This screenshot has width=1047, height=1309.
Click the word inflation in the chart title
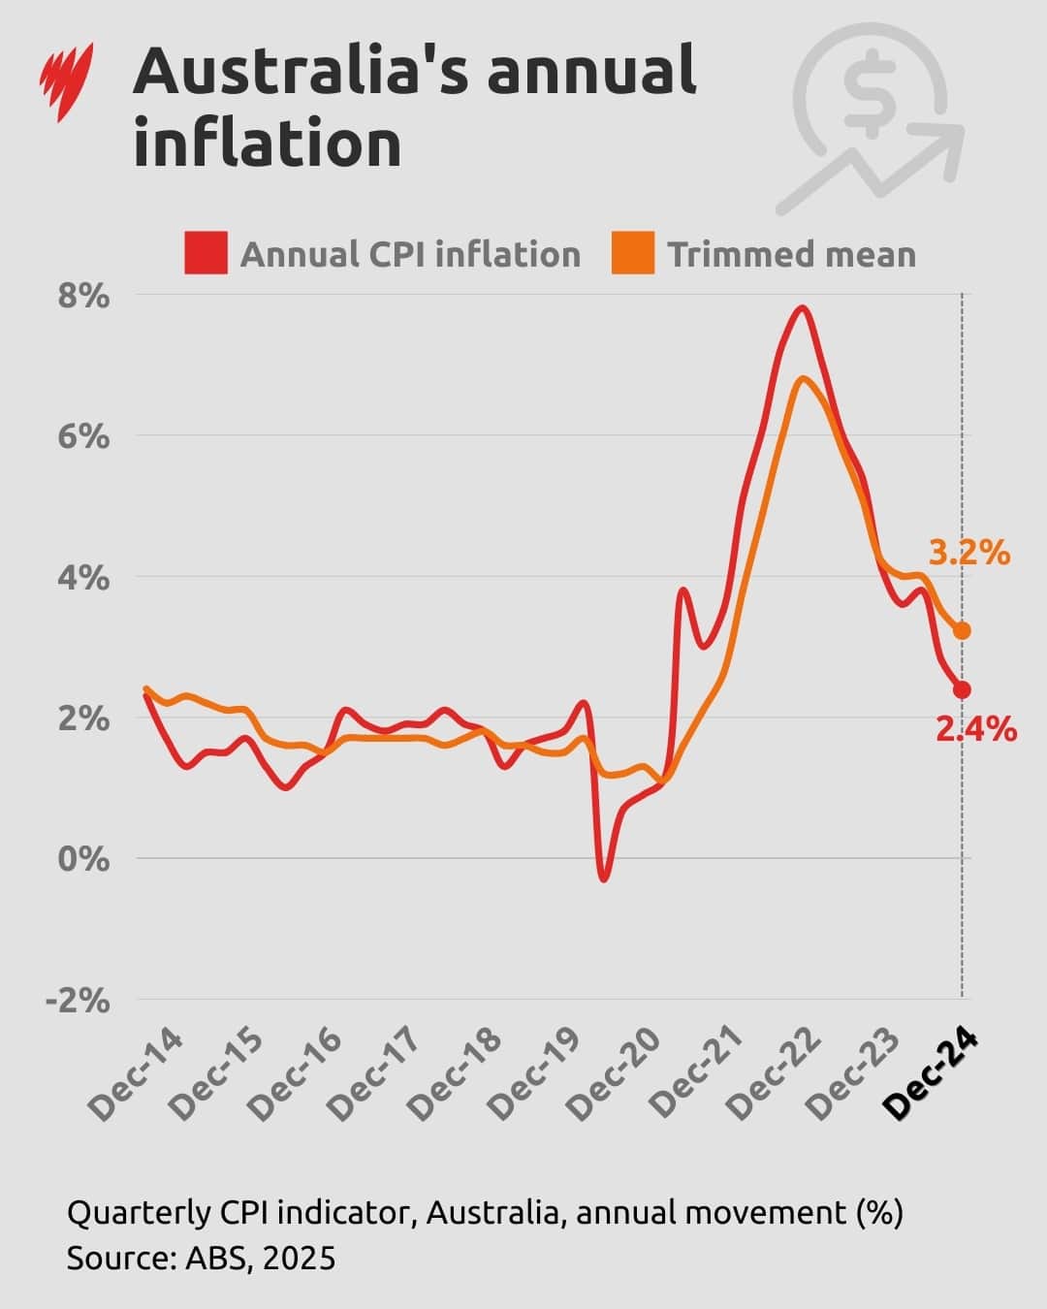268,144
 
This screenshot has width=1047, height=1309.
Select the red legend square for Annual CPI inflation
206,253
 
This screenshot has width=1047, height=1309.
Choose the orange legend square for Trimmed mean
633,253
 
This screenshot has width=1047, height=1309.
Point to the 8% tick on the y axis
83,296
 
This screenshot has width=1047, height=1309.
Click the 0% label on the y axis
83,859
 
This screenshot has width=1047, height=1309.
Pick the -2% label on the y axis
78,1000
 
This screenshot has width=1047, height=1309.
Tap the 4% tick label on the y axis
83,578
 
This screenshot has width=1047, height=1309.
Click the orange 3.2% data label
969,554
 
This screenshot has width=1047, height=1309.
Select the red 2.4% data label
976,729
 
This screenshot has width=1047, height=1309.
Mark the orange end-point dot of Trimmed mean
962,631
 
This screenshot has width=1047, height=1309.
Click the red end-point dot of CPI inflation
962,689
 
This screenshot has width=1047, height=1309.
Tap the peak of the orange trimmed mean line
803,378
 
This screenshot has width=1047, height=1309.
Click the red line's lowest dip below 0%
604,878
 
